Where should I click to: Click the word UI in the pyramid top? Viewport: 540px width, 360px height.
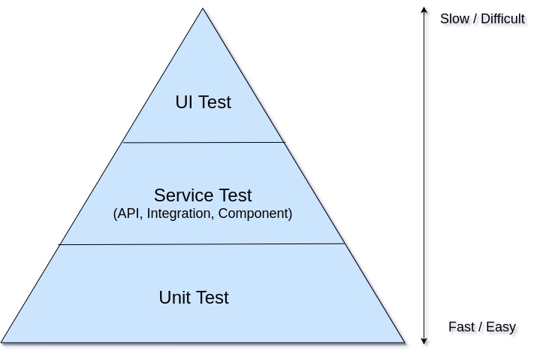(183, 102)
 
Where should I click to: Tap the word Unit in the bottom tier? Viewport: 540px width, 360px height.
(174, 298)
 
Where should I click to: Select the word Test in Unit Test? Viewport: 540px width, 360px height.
(212, 298)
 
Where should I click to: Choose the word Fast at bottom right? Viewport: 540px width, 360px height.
(464, 328)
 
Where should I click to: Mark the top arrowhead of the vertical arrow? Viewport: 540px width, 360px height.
(426, 11)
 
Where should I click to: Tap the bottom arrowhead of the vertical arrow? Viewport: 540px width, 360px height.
(426, 343)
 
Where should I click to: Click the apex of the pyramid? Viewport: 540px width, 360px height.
(203, 10)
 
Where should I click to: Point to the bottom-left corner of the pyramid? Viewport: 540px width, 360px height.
(3, 342)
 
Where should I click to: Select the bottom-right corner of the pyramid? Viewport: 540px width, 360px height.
(405, 342)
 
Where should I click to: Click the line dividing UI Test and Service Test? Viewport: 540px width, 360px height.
(204, 142)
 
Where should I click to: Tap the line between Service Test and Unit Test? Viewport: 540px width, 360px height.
(203, 244)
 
